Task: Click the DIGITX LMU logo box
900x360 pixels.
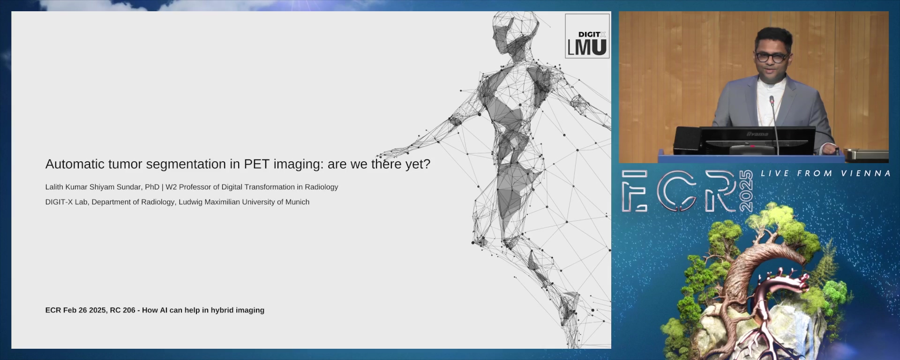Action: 587,36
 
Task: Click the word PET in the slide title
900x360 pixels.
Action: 256,164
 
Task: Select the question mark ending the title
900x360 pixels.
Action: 427,164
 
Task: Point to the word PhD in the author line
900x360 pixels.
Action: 152,187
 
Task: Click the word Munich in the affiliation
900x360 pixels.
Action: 297,202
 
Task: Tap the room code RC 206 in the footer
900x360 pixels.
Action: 122,310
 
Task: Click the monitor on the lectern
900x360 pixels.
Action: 757,140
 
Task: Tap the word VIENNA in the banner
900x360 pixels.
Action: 866,173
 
